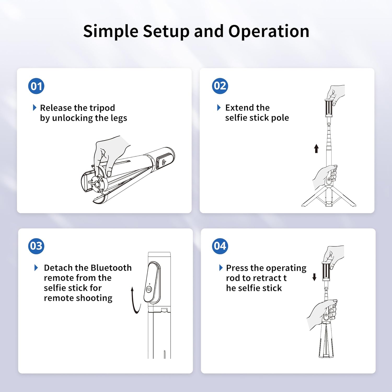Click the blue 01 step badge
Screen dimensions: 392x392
(36, 86)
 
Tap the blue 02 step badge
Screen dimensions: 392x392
(220, 86)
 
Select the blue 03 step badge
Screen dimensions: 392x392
(36, 246)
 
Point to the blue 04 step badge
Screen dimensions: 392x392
(220, 246)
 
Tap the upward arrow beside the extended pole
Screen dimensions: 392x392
(316, 148)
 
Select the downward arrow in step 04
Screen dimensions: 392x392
(314, 277)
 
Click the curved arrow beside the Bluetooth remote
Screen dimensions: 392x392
(135, 301)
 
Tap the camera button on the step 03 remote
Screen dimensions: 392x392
(149, 289)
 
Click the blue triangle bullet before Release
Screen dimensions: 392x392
(34, 108)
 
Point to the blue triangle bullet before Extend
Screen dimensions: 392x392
(219, 108)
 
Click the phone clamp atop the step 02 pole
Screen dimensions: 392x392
(328, 108)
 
